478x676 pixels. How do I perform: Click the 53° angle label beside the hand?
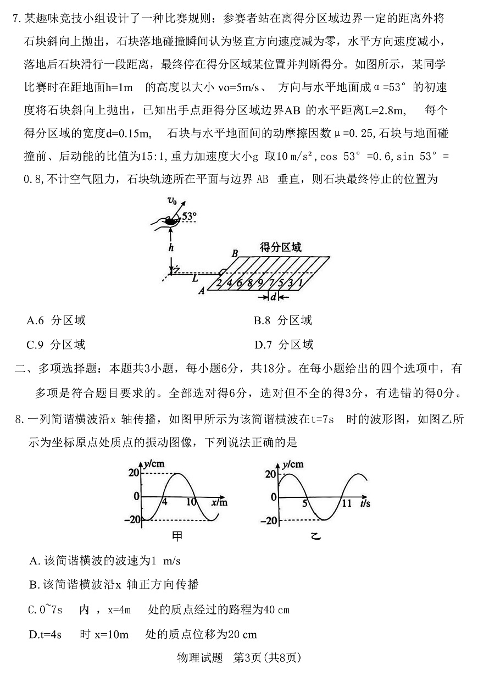(189, 217)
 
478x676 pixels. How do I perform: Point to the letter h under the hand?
(171, 248)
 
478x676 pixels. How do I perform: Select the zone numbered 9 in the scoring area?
(259, 283)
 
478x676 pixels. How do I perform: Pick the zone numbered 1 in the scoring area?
(301, 283)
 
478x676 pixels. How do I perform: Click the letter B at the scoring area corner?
(235, 253)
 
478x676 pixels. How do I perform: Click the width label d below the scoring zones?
(273, 297)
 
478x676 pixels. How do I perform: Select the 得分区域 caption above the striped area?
(281, 248)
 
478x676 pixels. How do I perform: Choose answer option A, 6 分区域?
(56, 320)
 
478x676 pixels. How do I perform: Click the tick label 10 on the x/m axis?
(191, 502)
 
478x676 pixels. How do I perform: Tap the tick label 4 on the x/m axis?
(164, 502)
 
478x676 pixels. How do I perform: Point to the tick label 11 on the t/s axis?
(346, 503)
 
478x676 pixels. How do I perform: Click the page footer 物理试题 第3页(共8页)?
(238, 657)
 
